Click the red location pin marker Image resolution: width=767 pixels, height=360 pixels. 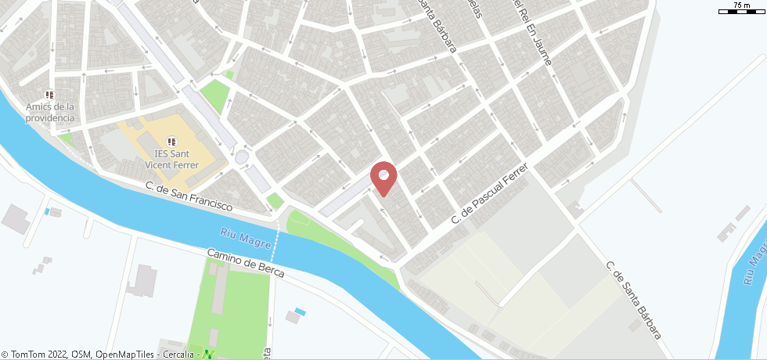pos(383,178)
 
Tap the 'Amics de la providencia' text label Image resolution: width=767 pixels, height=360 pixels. pos(49,113)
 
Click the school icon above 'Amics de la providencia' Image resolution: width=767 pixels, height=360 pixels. pos(49,95)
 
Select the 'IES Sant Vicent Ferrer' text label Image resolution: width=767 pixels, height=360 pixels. pos(171,160)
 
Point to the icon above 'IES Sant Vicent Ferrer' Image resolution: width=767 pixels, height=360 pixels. pos(171,141)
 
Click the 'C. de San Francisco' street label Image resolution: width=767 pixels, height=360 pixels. pos(189,196)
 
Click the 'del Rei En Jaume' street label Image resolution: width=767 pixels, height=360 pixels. pos(532,31)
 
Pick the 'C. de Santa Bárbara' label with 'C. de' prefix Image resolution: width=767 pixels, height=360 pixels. pos(634,299)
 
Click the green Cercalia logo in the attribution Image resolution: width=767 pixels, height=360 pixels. pos(208,355)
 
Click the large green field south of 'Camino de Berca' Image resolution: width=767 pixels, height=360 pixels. pos(231,301)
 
